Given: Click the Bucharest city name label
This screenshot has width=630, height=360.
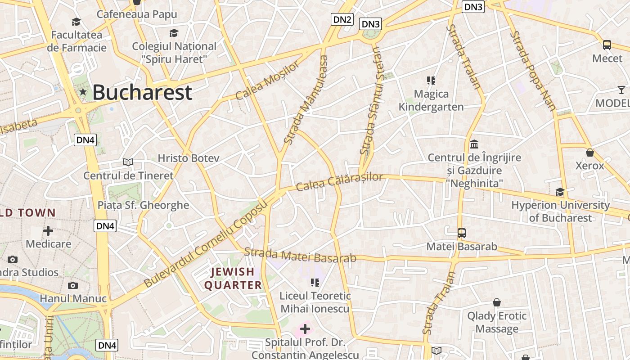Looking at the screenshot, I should [142, 93].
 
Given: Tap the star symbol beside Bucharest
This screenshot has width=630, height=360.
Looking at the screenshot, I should [83, 92].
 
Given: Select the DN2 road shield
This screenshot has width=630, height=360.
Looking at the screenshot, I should [342, 19].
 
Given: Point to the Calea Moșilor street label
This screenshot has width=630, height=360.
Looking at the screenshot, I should [267, 81].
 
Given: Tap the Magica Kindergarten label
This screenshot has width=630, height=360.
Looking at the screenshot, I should [431, 100].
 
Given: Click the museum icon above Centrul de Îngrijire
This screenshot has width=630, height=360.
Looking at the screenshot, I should [474, 144].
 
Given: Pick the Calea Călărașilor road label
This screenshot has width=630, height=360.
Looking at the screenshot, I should [340, 182].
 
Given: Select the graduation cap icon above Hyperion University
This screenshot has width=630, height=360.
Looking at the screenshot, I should [560, 192].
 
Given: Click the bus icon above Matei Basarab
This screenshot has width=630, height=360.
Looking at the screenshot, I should [462, 233].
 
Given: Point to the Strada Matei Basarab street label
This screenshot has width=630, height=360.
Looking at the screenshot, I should [300, 255].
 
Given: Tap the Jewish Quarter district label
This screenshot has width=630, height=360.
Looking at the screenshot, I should [233, 279].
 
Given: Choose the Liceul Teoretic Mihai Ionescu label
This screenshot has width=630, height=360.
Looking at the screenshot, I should [315, 302].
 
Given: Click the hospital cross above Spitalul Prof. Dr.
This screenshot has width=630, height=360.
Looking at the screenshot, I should [305, 329].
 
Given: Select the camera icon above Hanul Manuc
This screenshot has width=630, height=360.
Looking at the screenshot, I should [73, 285].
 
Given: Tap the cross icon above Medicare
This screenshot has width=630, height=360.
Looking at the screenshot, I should [48, 231].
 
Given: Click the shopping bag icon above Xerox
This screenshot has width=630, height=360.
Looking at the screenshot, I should [590, 153].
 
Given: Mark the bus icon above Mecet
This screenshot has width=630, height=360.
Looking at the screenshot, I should [607, 45].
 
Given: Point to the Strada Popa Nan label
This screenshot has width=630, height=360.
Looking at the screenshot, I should [533, 71].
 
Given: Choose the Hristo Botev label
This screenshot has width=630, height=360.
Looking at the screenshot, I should [189, 158].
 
